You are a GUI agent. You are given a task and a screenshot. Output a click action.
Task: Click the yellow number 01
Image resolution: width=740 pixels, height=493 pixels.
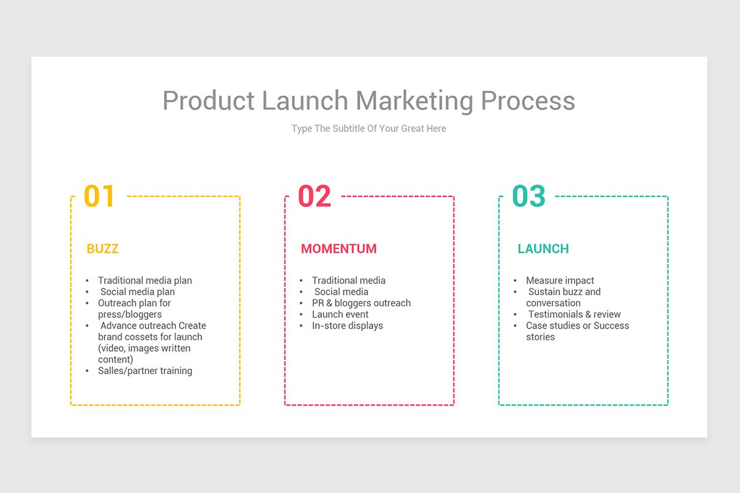[x=99, y=196]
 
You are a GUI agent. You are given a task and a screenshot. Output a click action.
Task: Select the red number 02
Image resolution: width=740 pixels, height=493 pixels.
[x=314, y=196]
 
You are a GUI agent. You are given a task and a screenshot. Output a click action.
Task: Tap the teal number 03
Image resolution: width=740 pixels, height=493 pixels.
[x=528, y=196]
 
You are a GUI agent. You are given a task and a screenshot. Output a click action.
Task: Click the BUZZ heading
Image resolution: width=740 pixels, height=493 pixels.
[x=102, y=249]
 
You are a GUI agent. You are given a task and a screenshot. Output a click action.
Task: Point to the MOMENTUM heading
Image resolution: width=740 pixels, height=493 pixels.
[x=339, y=249]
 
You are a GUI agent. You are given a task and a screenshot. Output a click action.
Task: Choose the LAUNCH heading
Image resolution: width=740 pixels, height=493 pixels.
[x=543, y=249]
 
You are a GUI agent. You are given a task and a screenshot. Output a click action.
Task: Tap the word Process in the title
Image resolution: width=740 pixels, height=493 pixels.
[x=528, y=100]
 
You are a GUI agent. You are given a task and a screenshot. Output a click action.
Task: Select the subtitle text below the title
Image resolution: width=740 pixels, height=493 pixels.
[x=369, y=129]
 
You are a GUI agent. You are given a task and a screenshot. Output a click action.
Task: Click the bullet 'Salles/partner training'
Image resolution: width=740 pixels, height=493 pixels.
[x=145, y=371]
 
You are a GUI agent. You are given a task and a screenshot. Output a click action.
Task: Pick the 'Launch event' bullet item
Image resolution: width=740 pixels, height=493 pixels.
[x=340, y=314]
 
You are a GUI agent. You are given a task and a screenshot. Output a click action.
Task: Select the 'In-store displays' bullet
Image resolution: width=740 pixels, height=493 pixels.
[x=347, y=325]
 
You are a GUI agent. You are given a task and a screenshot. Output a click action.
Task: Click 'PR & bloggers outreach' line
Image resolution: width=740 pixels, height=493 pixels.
[x=361, y=303]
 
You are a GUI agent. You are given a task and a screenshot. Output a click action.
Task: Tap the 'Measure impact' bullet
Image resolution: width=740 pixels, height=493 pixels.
[x=560, y=280]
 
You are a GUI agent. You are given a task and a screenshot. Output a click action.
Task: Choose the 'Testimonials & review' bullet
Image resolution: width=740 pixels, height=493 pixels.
[x=574, y=314]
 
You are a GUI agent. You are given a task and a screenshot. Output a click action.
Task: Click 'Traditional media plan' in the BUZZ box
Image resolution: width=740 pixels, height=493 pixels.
[x=145, y=280]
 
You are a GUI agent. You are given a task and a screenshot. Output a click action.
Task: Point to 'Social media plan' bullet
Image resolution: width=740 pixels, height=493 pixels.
[x=138, y=292]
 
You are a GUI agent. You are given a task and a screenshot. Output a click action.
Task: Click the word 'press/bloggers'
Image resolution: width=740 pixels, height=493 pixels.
[x=129, y=314]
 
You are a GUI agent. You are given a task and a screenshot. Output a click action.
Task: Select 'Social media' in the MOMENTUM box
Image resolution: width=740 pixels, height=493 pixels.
[x=341, y=292]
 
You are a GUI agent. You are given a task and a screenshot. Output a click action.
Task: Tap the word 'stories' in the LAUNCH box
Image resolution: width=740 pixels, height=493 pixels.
[x=540, y=337]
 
